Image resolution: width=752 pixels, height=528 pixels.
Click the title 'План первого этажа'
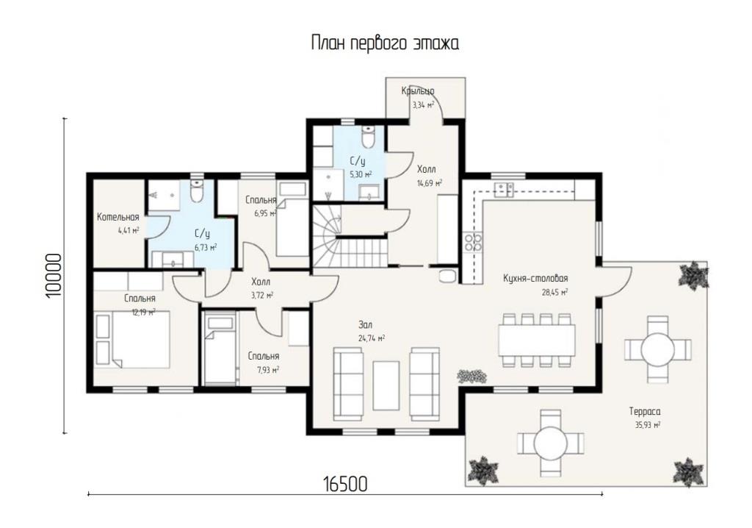click(x=385, y=43)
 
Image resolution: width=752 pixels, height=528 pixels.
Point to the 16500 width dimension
click(x=345, y=484)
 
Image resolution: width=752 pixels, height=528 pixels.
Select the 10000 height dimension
click(x=54, y=275)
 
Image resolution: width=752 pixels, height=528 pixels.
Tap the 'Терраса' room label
click(x=645, y=412)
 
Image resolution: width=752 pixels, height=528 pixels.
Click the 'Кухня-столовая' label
click(x=535, y=279)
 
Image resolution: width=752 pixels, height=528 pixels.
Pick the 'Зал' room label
click(x=365, y=325)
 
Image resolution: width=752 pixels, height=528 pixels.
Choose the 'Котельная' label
click(x=118, y=217)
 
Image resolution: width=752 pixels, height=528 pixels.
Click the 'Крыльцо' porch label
click(x=418, y=90)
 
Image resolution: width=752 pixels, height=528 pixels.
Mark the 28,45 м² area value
click(x=555, y=292)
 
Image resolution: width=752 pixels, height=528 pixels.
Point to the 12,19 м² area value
click(x=143, y=312)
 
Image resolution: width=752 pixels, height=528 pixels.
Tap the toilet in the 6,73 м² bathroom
click(x=197, y=190)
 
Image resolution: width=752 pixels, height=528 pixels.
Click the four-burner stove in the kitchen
click(x=472, y=242)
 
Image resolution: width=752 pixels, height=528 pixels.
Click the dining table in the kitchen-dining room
click(x=537, y=340)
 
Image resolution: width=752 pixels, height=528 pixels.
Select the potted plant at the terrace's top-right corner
click(x=693, y=275)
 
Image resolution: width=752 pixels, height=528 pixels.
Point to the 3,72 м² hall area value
click(x=262, y=295)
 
